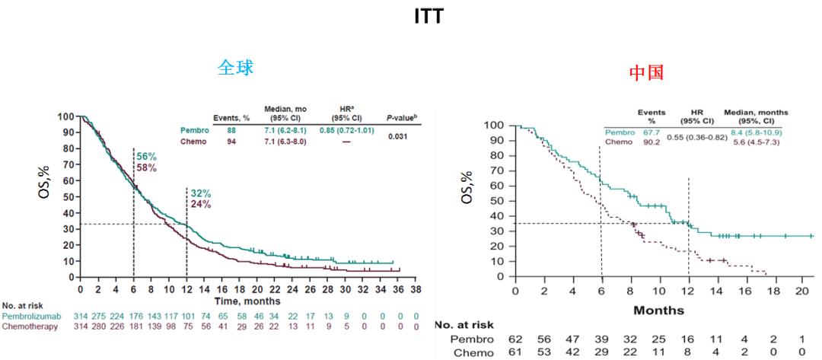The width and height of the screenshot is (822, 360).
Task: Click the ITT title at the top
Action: [429, 17]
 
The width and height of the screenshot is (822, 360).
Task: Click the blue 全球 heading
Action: [235, 68]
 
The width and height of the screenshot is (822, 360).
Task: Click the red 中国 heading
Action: [646, 73]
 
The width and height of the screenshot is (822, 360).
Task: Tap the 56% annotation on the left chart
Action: [146, 156]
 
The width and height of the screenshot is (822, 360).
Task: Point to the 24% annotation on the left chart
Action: [200, 204]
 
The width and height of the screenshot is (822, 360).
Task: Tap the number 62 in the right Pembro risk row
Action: [515, 339]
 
